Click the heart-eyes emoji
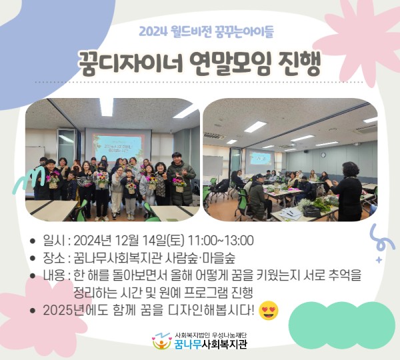point(269,310)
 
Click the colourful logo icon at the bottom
point(161,341)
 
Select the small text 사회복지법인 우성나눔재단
point(211,335)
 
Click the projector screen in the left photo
point(121,146)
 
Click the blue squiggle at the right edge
point(379,235)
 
